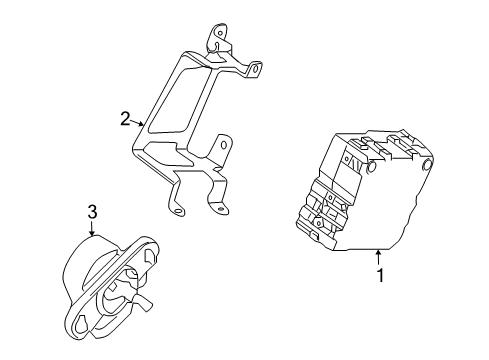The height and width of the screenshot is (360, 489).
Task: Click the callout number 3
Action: [91, 212]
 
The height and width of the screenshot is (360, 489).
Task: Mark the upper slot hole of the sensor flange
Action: [150, 255]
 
